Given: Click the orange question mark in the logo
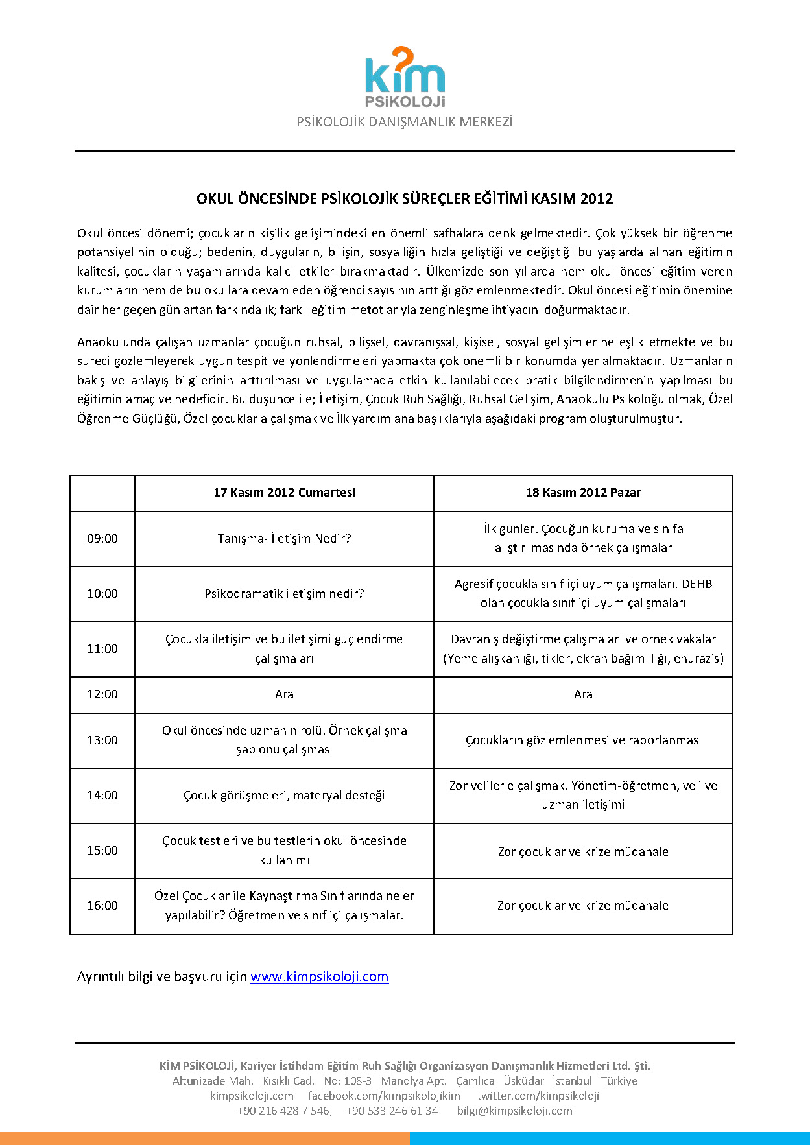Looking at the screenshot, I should pyautogui.click(x=403, y=60).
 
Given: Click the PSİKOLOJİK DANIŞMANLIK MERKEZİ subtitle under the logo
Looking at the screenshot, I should pyautogui.click(x=404, y=122).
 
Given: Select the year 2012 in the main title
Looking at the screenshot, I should pyautogui.click(x=597, y=198).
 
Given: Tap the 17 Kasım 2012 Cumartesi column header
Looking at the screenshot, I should pyautogui.click(x=284, y=493).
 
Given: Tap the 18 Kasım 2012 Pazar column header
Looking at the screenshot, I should pyautogui.click(x=583, y=493).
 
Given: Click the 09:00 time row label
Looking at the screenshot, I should pyautogui.click(x=102, y=539).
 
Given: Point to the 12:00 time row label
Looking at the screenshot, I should pyautogui.click(x=102, y=694).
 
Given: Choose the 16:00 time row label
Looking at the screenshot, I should pyautogui.click(x=102, y=906).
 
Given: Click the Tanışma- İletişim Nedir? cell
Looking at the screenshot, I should pyautogui.click(x=284, y=539).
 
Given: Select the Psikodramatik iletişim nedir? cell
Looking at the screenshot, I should pyautogui.click(x=284, y=594).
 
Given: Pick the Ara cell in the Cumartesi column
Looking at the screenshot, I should pyautogui.click(x=284, y=694).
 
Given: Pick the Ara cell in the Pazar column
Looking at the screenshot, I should pyautogui.click(x=583, y=694).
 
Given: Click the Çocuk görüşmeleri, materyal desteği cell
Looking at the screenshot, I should pyautogui.click(x=284, y=796).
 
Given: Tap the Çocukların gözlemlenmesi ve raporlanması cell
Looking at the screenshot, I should pyautogui.click(x=583, y=740).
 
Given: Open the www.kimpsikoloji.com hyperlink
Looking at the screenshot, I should pyautogui.click(x=319, y=976).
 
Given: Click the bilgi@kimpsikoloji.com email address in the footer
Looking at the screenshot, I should pyautogui.click(x=514, y=1111).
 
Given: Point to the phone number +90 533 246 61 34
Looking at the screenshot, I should pyautogui.click(x=392, y=1111).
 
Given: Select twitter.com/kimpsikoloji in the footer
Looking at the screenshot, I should pyautogui.click(x=538, y=1096).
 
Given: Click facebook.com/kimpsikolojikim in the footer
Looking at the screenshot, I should pyautogui.click(x=384, y=1096).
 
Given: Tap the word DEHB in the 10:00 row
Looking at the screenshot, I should pyautogui.click(x=697, y=584).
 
